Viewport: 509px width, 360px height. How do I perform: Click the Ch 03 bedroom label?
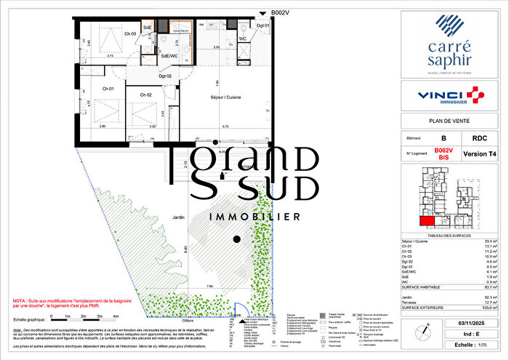click(x=130, y=34)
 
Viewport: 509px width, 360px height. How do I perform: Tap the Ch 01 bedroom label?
click(x=108, y=89)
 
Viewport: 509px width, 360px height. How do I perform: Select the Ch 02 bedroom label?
click(x=146, y=95)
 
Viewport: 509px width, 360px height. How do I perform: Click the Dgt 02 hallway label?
click(x=165, y=76)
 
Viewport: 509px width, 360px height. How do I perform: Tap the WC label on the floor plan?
click(x=243, y=39)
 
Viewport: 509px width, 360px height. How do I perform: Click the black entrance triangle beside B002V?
click(x=263, y=13)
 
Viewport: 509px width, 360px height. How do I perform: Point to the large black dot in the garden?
click(x=236, y=239)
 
